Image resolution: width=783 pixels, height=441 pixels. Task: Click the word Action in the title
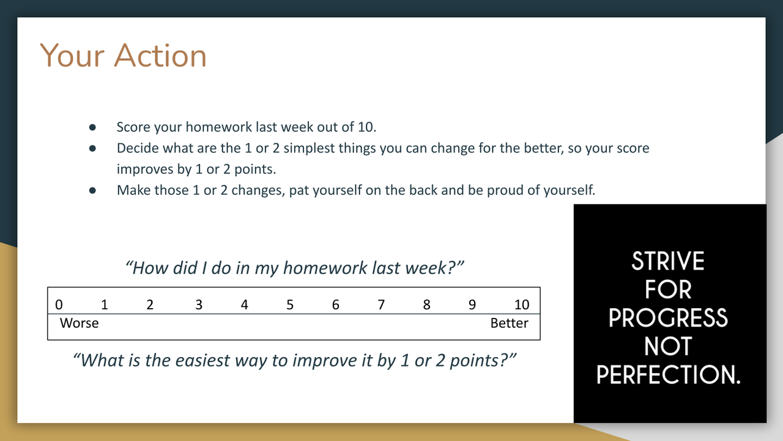point(160,55)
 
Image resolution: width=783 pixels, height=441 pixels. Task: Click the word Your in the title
point(72,55)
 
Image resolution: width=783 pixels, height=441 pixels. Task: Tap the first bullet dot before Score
point(92,127)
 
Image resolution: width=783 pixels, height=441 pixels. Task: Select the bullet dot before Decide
point(92,148)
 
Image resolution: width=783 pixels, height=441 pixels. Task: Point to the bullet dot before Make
point(92,190)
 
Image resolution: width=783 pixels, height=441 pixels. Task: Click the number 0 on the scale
point(59,305)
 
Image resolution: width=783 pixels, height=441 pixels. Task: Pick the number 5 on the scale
point(290,305)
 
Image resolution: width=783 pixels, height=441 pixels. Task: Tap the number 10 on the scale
point(522,305)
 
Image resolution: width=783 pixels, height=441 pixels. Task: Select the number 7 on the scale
point(381,305)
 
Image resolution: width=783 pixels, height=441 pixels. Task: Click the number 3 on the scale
point(199,305)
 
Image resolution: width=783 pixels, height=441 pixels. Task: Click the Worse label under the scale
point(80,323)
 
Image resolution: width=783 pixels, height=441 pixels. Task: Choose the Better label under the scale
point(510,323)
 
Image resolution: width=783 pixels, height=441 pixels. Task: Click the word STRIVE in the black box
point(667,261)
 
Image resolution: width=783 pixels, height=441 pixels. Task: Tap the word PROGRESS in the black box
point(668,318)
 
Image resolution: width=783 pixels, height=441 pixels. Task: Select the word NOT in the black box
point(668,346)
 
